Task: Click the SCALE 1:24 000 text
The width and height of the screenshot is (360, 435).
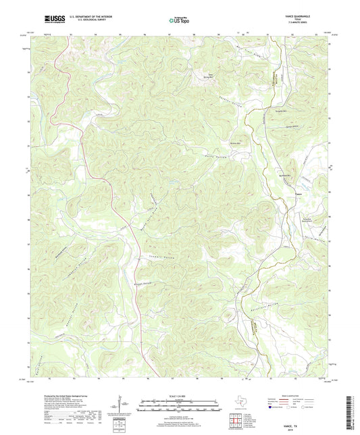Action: [x=179, y=396]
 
